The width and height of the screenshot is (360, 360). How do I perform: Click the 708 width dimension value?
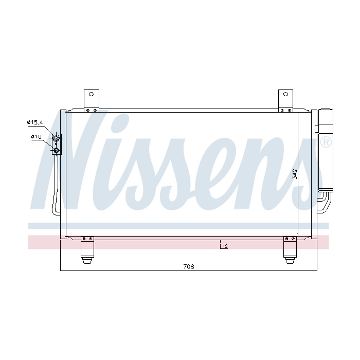tap(189, 266)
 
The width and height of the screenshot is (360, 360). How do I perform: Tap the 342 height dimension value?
tap(295, 174)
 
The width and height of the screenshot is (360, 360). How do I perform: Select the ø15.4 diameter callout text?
tap(35, 122)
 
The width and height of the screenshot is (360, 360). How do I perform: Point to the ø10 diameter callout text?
tap(37, 137)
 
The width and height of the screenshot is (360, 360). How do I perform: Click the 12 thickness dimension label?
tap(225, 246)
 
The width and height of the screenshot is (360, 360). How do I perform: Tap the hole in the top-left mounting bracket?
tap(91, 94)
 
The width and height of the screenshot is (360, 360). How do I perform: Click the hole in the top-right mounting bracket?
tap(285, 94)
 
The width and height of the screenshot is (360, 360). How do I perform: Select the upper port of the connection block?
tap(56, 138)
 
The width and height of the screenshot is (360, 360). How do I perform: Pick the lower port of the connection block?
tap(56, 151)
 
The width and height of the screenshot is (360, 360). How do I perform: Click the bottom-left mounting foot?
tap(87, 250)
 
